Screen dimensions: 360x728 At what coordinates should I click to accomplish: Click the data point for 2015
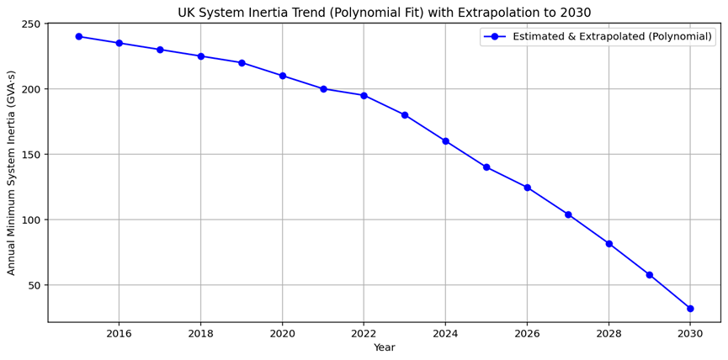pyautogui.click(x=78, y=36)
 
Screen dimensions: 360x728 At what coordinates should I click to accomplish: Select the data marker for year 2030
pyautogui.click(x=690, y=309)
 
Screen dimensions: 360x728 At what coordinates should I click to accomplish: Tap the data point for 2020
pyautogui.click(x=282, y=76)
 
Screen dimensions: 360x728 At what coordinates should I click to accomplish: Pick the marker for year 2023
pyautogui.click(x=405, y=115)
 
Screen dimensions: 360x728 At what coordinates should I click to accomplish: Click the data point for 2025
pyautogui.click(x=486, y=167)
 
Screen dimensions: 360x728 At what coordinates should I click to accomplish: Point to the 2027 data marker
pyautogui.click(x=568, y=214)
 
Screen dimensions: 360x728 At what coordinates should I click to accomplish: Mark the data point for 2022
pyautogui.click(x=364, y=95)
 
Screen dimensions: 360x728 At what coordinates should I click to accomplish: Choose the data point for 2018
pyautogui.click(x=200, y=56)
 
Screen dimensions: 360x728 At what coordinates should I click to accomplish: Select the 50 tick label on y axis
pyautogui.click(x=34, y=285)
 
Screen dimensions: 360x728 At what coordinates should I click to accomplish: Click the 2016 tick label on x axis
pyautogui.click(x=119, y=333)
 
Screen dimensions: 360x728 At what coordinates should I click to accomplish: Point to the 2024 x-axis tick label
pyautogui.click(x=445, y=333)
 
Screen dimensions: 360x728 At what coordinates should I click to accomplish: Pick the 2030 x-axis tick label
pyautogui.click(x=690, y=333)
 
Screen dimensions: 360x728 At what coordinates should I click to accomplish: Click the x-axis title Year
pyautogui.click(x=384, y=348)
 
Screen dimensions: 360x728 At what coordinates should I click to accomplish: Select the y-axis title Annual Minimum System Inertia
pyautogui.click(x=12, y=172)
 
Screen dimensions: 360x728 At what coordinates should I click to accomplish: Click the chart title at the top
pyautogui.click(x=384, y=12)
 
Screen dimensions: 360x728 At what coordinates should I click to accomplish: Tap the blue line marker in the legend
pyautogui.click(x=497, y=37)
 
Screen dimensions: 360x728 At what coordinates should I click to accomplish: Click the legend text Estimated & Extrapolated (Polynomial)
pyautogui.click(x=612, y=37)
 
